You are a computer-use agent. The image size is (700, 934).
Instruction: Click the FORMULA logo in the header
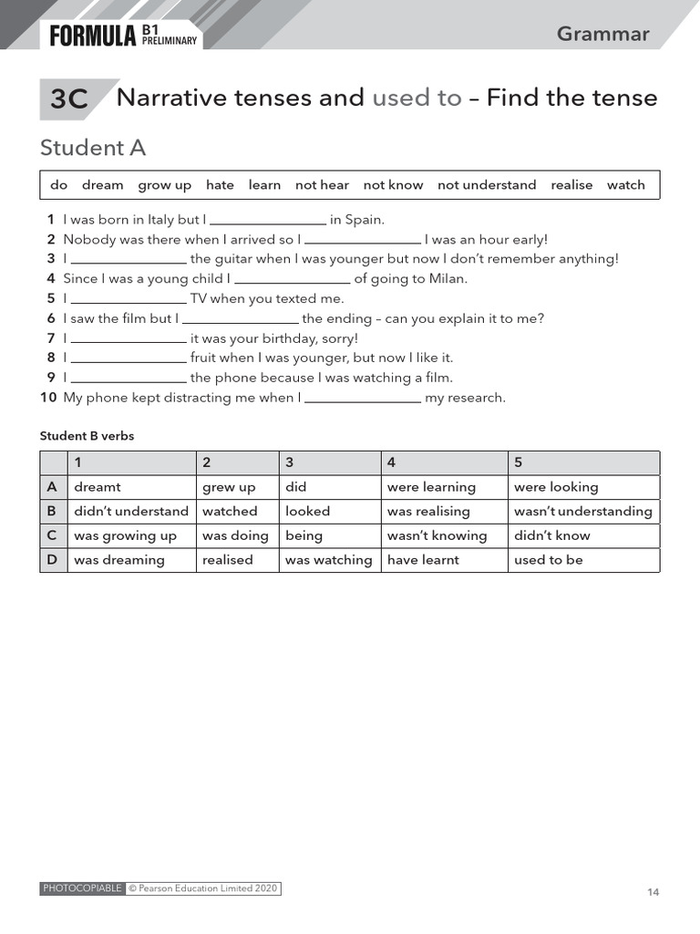pos(93,36)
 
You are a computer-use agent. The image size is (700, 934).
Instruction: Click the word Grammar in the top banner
pos(602,34)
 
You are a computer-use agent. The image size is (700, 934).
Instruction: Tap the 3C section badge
pos(69,99)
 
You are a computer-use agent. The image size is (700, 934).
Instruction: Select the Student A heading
pos(93,148)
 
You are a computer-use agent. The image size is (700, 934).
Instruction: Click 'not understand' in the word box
pos(487,185)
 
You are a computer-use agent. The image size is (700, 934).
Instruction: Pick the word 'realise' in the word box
pos(571,185)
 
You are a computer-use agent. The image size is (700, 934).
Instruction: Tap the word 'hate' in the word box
pos(220,185)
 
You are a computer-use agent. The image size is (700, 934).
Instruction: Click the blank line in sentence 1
pos(268,221)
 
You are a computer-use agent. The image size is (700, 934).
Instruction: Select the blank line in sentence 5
pos(129,299)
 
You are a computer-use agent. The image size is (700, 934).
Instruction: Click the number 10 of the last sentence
pos(48,398)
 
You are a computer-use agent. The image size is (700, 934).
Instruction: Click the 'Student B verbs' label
pos(87,436)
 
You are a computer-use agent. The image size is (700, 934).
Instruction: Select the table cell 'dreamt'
pos(98,487)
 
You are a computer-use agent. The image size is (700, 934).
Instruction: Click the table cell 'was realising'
pos(428,512)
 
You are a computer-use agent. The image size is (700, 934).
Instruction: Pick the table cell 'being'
pos(304,535)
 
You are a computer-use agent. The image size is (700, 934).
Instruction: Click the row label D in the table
pos(53,560)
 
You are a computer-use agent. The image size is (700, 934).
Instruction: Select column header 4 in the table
pos(391,462)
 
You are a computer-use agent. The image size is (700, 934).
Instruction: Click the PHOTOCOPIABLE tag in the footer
pos(82,888)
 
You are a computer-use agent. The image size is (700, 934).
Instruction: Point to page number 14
pos(653,892)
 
